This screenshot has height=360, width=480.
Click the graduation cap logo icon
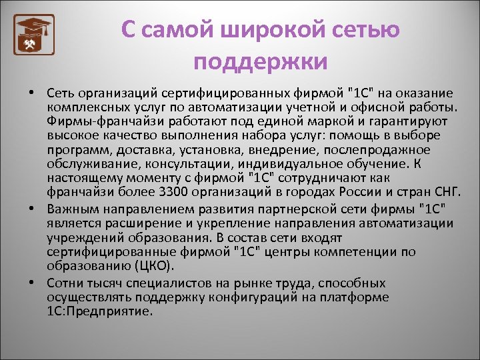pyautogui.click(x=34, y=34)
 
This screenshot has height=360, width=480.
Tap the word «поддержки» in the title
pyautogui.click(x=261, y=62)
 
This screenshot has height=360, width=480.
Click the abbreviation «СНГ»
pyautogui.click(x=447, y=193)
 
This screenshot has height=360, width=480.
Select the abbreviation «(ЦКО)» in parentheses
pyautogui.click(x=150, y=265)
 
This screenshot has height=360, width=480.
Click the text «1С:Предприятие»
pyautogui.click(x=100, y=311)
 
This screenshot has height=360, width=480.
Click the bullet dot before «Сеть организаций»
pyautogui.click(x=32, y=92)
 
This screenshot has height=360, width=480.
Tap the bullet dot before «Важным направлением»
pyautogui.click(x=32, y=208)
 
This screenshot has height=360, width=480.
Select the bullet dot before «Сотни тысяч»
pyautogui.click(x=32, y=281)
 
